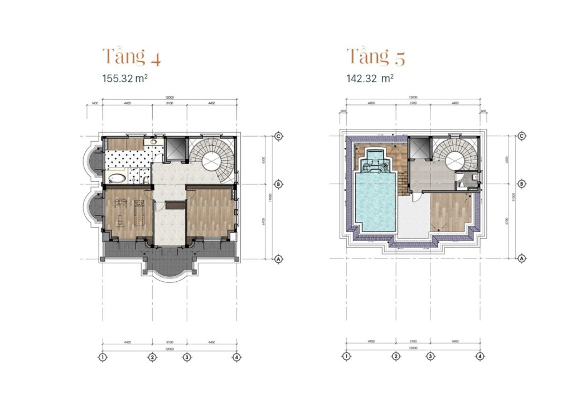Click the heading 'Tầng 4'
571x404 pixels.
pyautogui.click(x=132, y=57)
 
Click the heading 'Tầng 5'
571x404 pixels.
pyautogui.click(x=376, y=57)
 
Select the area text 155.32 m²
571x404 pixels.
pyautogui.click(x=125, y=79)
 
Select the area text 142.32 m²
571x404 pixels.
pyautogui.click(x=370, y=79)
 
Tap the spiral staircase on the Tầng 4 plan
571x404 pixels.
pyautogui.click(x=213, y=159)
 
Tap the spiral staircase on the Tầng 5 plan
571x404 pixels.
pyautogui.click(x=457, y=158)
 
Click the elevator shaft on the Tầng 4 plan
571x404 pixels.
pyautogui.click(x=175, y=148)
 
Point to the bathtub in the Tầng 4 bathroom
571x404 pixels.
pyautogui.click(x=118, y=179)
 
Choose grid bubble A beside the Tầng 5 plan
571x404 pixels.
pyautogui.click(x=522, y=258)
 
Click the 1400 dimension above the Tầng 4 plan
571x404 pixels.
pyautogui.click(x=94, y=104)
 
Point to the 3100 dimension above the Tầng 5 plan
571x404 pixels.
pyautogui.click(x=413, y=103)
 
